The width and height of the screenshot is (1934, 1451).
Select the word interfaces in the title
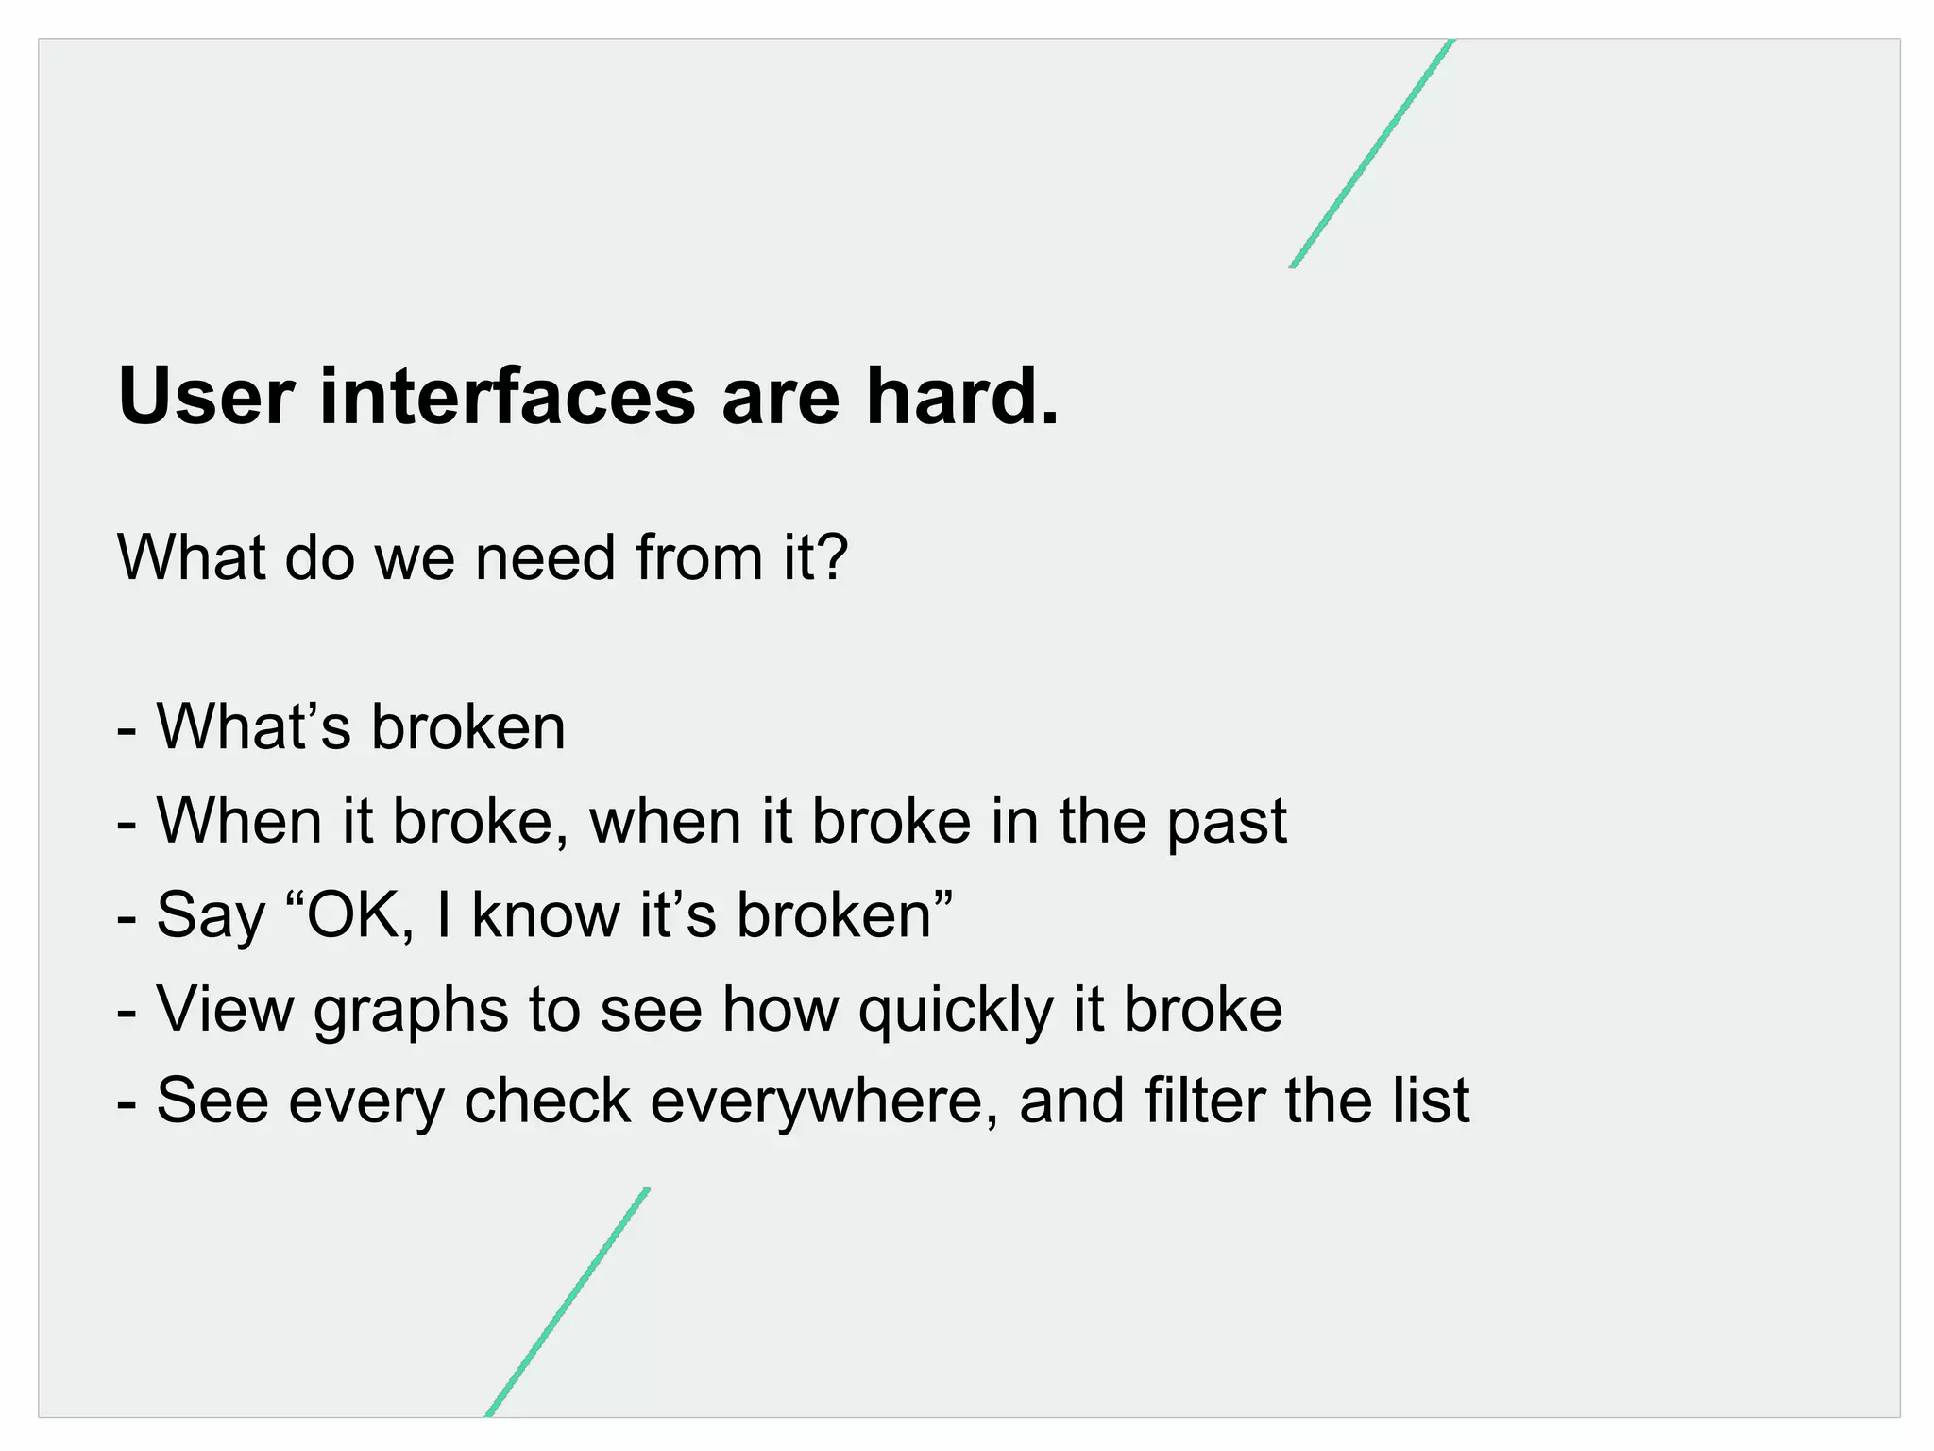pyautogui.click(x=507, y=397)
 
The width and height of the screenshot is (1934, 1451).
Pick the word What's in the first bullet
pyautogui.click(x=253, y=727)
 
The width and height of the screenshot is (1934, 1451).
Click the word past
pyautogui.click(x=1226, y=822)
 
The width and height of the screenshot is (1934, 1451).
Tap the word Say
pyautogui.click(x=210, y=916)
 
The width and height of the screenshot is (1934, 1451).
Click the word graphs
pyautogui.click(x=410, y=1011)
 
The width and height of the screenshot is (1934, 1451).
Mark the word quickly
pyautogui.click(x=955, y=1011)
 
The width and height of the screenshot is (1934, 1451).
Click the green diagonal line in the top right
pyautogui.click(x=1371, y=153)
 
